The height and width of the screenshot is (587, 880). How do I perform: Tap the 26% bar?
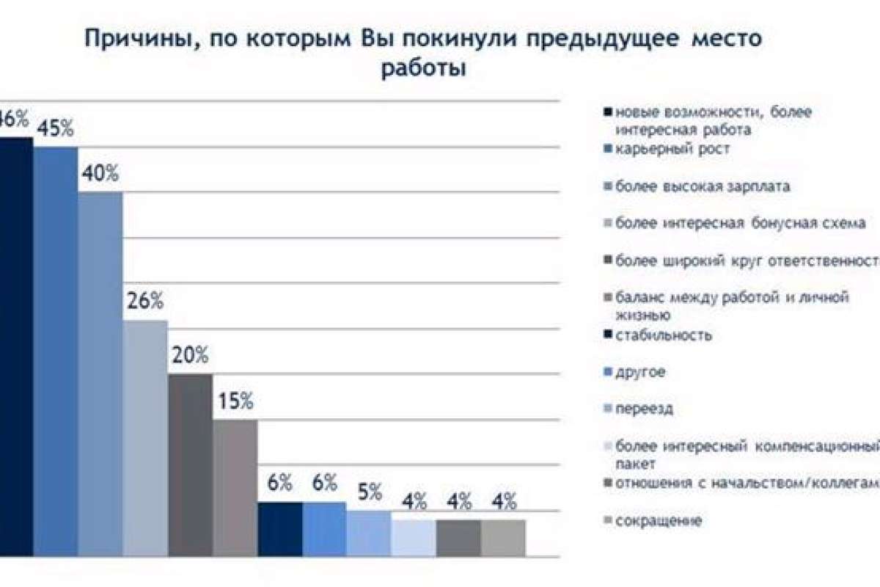145,437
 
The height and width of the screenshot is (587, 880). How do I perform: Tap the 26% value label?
146,302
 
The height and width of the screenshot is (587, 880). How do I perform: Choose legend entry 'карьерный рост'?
672,149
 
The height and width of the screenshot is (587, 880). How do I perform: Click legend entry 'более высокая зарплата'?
703,186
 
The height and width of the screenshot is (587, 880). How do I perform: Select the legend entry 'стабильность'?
664,335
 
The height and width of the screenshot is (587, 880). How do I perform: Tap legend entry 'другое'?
640,372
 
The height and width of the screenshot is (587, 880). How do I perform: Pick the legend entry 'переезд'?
645,409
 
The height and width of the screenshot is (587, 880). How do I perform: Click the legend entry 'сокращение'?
659,521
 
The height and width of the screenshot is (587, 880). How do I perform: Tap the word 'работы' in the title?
423,70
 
